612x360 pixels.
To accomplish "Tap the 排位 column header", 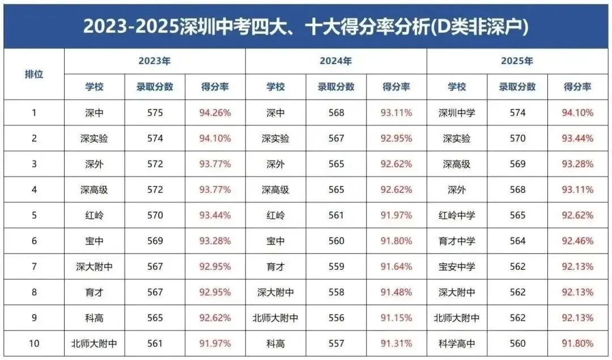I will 34,74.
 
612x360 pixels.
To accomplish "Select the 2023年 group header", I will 154,61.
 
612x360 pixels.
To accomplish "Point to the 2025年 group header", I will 517,61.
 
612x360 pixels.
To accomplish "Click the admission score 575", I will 154,113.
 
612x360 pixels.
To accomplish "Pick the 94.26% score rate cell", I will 215,113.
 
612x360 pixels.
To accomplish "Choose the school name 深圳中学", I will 457,113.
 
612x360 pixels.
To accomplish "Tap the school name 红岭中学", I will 457,215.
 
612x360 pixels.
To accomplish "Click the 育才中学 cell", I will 457,241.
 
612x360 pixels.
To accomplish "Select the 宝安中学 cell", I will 457,266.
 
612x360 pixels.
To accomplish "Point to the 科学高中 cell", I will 457,344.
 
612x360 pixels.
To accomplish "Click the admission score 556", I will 336,318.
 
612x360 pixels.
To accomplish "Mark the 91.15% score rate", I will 396,318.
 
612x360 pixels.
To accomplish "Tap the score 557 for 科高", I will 336,344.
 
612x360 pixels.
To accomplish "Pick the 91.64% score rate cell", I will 396,266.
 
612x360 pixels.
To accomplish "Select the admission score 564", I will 517,241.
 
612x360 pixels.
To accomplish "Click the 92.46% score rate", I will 577,241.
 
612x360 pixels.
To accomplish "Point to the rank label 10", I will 34,344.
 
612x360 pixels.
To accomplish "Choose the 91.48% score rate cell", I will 396,293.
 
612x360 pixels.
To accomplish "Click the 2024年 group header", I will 335,61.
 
